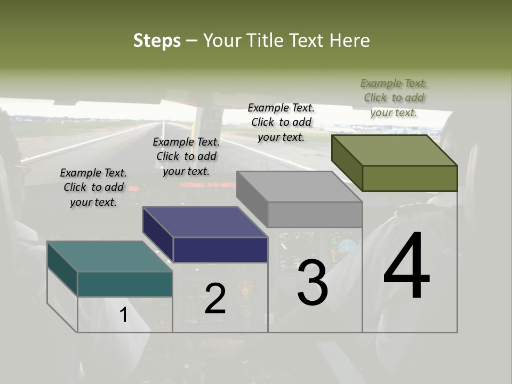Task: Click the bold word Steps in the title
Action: coord(157,41)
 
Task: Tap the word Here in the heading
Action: coord(350,41)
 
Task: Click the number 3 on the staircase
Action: coord(313,283)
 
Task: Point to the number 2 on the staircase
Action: coord(215,298)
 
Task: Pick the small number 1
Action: coord(123,315)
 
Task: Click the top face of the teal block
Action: coord(109,256)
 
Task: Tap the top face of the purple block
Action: coord(204,221)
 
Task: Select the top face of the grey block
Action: coord(299,186)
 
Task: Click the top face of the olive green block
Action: coord(395,150)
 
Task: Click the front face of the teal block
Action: coord(125,284)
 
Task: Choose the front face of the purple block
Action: coord(220,250)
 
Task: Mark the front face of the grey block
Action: coord(315,214)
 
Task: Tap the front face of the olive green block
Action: coord(410,178)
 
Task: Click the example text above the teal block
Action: coord(93,187)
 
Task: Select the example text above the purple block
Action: coord(186,156)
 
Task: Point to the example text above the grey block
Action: coord(281,122)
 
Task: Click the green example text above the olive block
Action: coord(394,98)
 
